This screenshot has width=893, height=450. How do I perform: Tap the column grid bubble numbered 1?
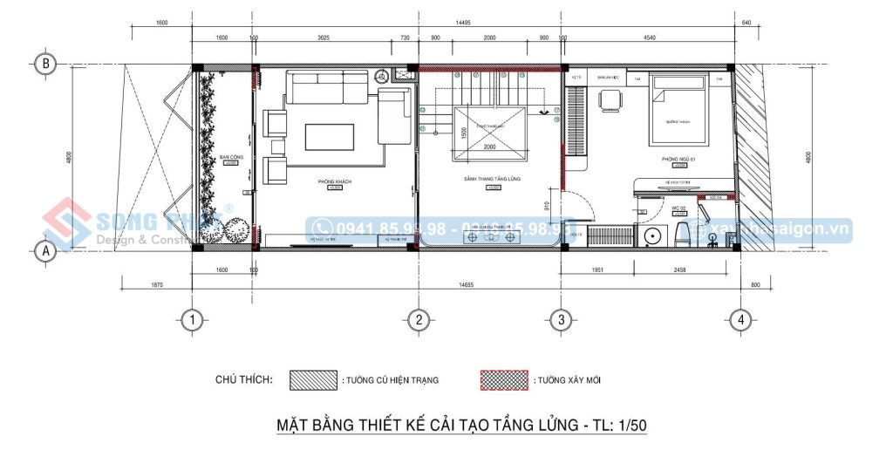[x=192, y=319]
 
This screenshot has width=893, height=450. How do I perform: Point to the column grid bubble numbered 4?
[x=740, y=319]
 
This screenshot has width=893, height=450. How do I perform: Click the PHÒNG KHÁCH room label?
[x=334, y=181]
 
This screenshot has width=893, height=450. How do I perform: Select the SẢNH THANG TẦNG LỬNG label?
[x=493, y=180]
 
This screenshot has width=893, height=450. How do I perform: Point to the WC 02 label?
[x=678, y=208]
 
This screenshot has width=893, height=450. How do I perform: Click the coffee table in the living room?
[x=329, y=136]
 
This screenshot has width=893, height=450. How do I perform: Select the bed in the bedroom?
[x=677, y=111]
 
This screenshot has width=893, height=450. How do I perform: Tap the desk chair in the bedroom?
[x=608, y=101]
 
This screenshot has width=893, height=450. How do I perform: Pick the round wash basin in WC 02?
[x=650, y=236]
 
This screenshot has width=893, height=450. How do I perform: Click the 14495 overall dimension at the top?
[x=464, y=24]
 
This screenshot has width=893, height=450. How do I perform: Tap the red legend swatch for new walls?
[x=505, y=381]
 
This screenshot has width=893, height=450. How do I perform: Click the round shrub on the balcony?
[x=234, y=231]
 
